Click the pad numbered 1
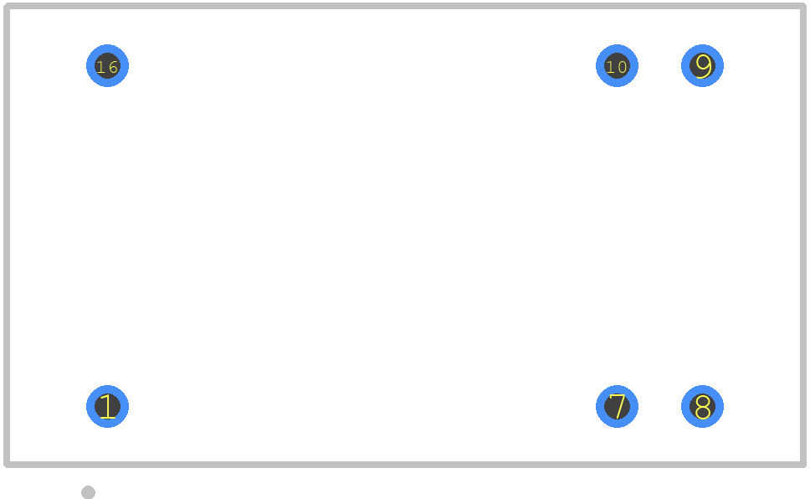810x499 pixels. click(107, 406)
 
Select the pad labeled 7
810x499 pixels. click(617, 406)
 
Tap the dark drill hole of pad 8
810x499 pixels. click(703, 406)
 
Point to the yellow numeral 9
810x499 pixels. click(703, 66)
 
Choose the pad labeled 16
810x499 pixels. click(107, 65)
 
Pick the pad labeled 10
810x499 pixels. click(617, 65)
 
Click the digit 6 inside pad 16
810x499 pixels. click(113, 67)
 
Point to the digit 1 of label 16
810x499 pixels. click(100, 67)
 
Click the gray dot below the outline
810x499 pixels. click(89, 492)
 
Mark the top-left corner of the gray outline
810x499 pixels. click(6, 6)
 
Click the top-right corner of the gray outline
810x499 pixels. click(803, 6)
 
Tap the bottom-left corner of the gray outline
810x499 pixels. click(6, 465)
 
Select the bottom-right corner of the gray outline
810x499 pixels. click(803, 465)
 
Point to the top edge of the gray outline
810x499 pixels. click(405, 6)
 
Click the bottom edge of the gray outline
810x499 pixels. click(405, 465)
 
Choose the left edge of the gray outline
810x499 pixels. click(6, 235)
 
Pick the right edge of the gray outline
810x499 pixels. click(803, 235)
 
